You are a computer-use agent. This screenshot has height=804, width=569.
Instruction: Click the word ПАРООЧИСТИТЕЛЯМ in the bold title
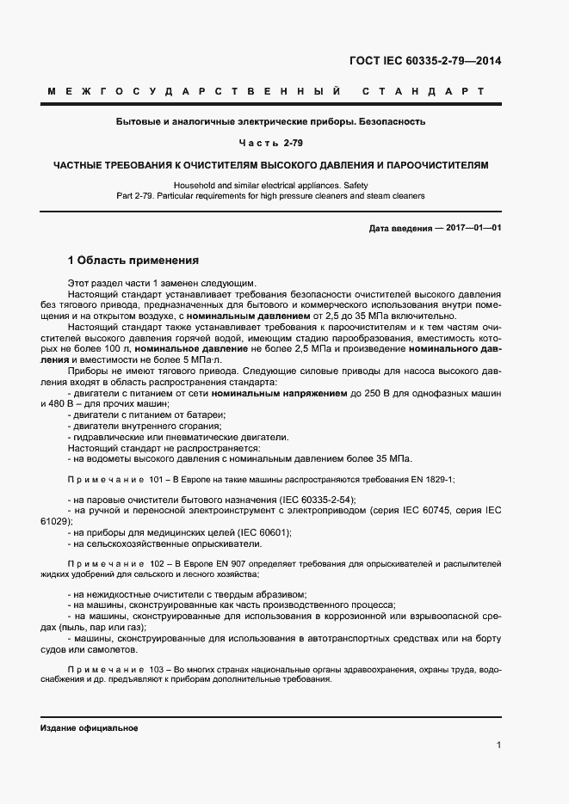click(437, 163)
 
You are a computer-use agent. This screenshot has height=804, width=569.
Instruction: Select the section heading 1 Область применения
click(133, 260)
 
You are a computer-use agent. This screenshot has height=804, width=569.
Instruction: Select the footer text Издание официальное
click(90, 728)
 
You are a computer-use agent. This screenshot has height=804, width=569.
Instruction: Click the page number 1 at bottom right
click(499, 746)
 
